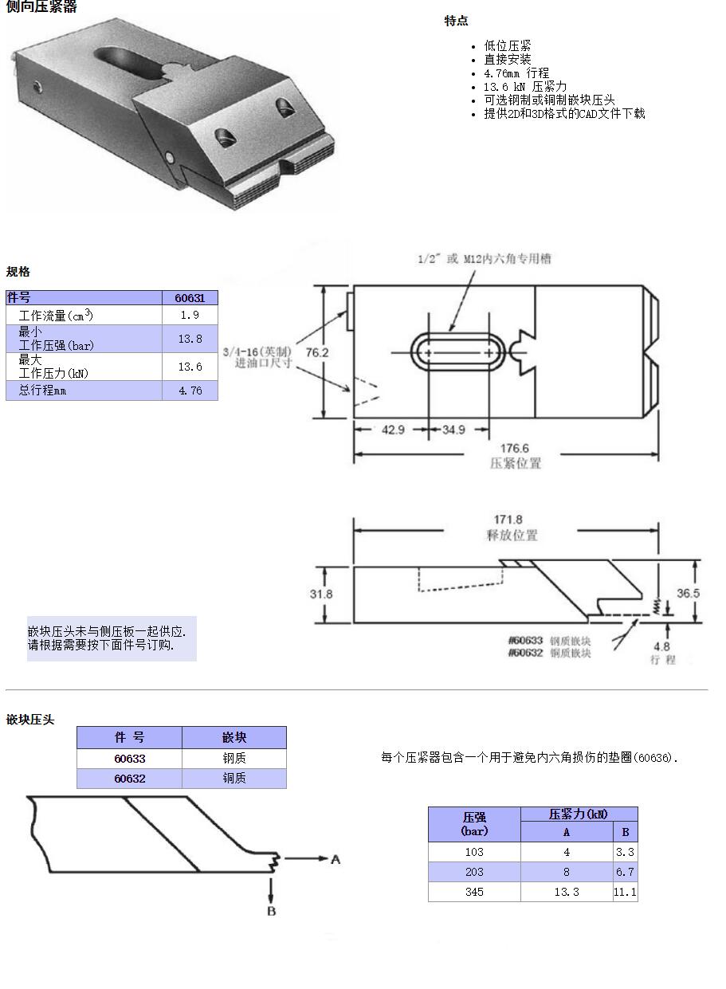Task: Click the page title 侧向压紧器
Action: pos(41,7)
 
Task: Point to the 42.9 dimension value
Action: pos(393,430)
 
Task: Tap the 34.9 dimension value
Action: pos(453,430)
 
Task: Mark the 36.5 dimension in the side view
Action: pos(688,593)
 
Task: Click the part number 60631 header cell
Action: pos(190,298)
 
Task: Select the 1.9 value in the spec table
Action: pos(190,316)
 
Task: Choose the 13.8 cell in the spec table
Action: pos(190,339)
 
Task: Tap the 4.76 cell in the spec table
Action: pos(190,390)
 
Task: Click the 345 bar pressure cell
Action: pos(474,892)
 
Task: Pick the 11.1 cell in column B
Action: pos(625,892)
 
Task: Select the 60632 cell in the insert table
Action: pos(129,779)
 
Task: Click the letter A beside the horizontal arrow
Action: pos(336,859)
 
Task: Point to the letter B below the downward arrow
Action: pos(271,910)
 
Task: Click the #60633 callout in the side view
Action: pos(525,641)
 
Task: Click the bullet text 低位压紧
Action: pos(507,46)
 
